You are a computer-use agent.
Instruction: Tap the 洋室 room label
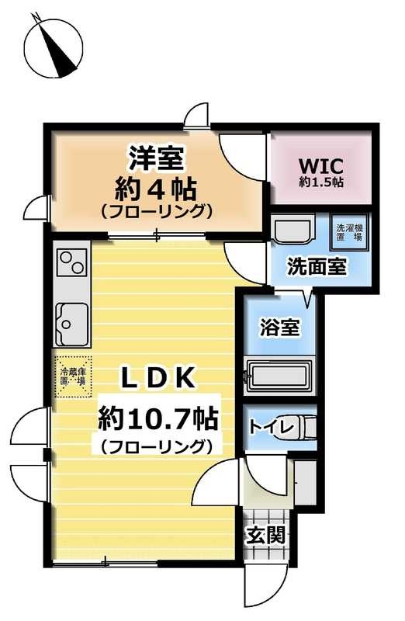click(156, 158)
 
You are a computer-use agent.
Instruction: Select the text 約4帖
click(156, 186)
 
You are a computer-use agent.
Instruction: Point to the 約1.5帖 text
click(321, 182)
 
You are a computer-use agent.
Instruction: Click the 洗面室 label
click(317, 266)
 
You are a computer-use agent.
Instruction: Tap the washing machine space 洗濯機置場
click(348, 232)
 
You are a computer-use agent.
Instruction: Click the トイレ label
click(272, 426)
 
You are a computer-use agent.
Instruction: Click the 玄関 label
click(267, 535)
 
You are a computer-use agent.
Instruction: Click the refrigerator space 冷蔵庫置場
click(74, 376)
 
